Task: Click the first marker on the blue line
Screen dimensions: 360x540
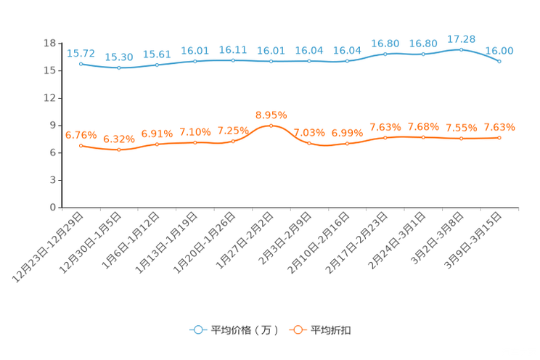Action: pos(81,64)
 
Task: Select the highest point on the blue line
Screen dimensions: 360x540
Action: pos(461,49)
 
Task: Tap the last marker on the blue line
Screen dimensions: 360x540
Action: pos(499,62)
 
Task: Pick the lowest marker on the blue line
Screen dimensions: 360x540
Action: pos(119,68)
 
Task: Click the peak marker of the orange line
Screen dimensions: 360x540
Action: pos(271,126)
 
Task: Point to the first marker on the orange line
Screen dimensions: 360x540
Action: pos(81,146)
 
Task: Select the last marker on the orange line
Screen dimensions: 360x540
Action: pos(499,138)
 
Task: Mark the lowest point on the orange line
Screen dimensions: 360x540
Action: pos(119,150)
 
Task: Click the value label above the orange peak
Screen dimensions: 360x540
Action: pos(271,115)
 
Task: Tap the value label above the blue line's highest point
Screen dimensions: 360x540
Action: pos(461,38)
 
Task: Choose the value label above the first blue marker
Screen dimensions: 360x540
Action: pos(81,53)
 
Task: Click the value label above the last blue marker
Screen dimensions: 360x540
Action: pos(499,51)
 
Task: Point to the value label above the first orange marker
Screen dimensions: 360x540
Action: pos(81,135)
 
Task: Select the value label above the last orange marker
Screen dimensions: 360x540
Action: pos(499,128)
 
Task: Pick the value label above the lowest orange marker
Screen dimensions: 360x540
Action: pos(119,139)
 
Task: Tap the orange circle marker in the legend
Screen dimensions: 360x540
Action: pos(297,330)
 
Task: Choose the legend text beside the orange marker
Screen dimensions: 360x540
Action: pos(332,330)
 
